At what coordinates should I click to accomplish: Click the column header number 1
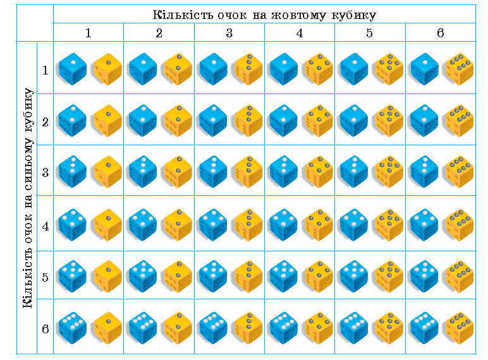(88, 33)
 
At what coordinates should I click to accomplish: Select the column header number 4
(300, 33)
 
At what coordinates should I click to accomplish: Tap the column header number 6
(441, 33)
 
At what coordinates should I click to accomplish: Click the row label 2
(46, 122)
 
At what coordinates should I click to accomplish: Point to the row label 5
(46, 277)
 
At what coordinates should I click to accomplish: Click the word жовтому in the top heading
(298, 15)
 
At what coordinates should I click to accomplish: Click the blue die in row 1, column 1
(73, 69)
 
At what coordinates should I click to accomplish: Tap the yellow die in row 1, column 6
(460, 69)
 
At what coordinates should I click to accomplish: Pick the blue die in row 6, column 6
(424, 328)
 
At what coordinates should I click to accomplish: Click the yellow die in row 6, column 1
(107, 328)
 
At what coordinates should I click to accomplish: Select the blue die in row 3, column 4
(284, 172)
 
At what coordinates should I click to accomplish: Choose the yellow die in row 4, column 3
(248, 225)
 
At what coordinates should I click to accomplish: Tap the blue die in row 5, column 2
(143, 277)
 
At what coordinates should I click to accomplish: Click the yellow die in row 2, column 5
(389, 121)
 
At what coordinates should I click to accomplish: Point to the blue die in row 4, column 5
(354, 225)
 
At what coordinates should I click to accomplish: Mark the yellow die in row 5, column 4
(319, 277)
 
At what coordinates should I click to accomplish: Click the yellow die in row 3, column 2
(178, 172)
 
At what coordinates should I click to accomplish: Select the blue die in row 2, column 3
(213, 121)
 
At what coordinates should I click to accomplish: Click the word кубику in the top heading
(353, 16)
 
